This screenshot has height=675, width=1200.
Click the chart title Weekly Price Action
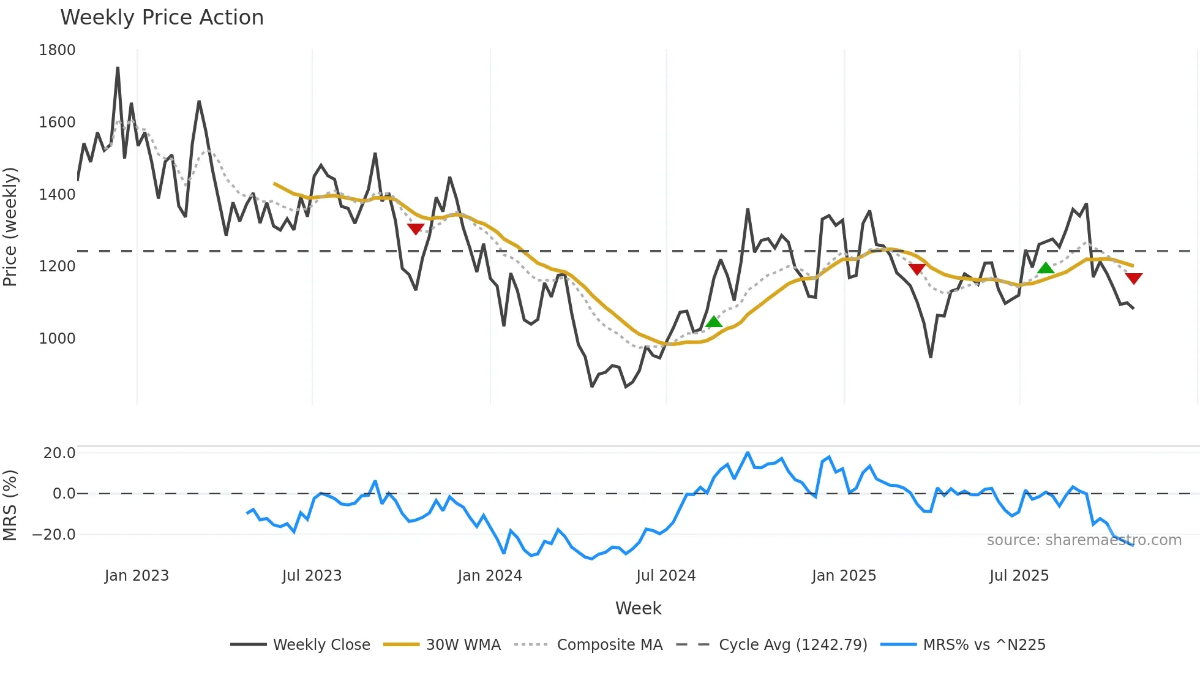pyautogui.click(x=162, y=18)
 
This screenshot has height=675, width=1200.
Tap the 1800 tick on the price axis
pyautogui.click(x=57, y=50)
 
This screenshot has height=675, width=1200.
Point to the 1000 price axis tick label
pyautogui.click(x=57, y=339)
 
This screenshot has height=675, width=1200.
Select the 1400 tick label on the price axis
pyautogui.click(x=57, y=195)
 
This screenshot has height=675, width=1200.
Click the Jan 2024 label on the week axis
pyautogui.click(x=490, y=576)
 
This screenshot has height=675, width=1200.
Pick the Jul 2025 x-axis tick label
pyautogui.click(x=1019, y=576)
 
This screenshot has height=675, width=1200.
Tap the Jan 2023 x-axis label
pyautogui.click(x=137, y=576)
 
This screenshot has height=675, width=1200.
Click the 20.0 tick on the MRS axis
pyautogui.click(x=59, y=453)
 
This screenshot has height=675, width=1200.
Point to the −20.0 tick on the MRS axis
pyautogui.click(x=54, y=535)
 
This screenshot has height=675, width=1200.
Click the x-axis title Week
pyautogui.click(x=638, y=608)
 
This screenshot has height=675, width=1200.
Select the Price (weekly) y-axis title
pyautogui.click(x=10, y=227)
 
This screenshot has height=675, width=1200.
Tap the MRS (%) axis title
pyautogui.click(x=10, y=505)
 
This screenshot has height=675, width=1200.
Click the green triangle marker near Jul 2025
pyautogui.click(x=1046, y=268)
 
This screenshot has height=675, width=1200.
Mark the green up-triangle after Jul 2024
pyautogui.click(x=714, y=322)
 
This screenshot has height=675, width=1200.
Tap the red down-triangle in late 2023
pyautogui.click(x=416, y=229)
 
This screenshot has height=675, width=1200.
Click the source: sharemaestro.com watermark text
pyautogui.click(x=1084, y=540)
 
